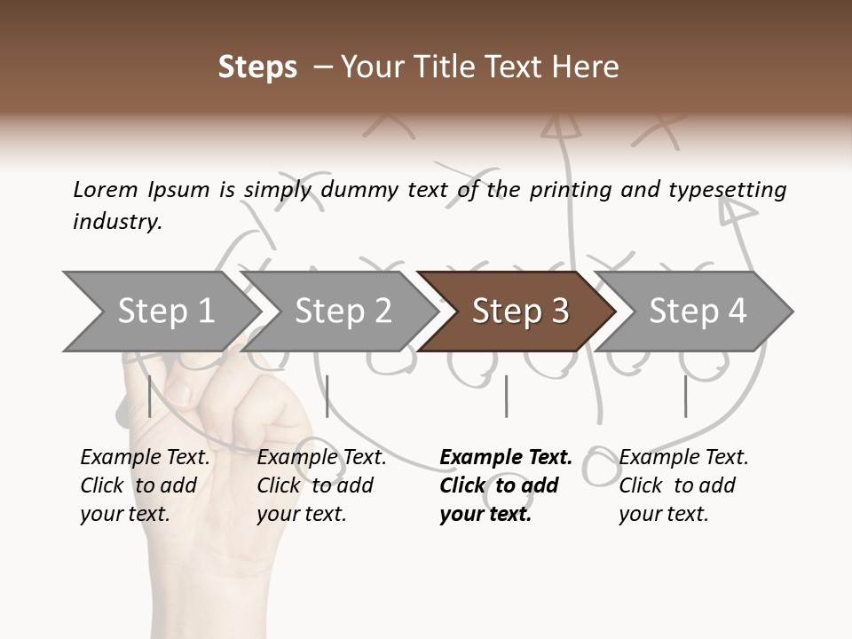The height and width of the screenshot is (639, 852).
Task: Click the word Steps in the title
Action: click(257, 67)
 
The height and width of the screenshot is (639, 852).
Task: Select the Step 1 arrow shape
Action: click(160, 311)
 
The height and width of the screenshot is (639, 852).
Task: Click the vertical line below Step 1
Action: click(150, 396)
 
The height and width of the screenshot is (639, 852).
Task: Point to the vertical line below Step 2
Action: click(327, 396)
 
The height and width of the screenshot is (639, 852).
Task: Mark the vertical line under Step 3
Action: click(506, 396)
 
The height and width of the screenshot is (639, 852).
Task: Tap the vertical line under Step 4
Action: click(685, 396)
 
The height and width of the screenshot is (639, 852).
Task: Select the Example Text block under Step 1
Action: click(145, 485)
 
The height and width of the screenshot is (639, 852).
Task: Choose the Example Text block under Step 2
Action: click(321, 485)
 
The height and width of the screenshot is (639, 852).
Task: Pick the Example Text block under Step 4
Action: click(683, 485)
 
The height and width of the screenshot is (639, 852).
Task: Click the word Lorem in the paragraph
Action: click(106, 190)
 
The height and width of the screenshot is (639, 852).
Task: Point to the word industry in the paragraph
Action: click(116, 222)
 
